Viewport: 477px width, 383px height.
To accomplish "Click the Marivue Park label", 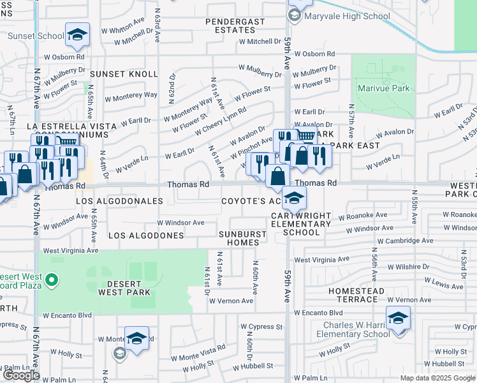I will tap(383, 88).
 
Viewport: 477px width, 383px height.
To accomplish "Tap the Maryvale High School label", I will tap(347, 16).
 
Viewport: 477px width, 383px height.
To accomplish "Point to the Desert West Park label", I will tap(124, 287).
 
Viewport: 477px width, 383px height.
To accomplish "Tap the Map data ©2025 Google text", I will tap(437, 378).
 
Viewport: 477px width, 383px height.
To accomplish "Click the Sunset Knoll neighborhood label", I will tap(128, 74).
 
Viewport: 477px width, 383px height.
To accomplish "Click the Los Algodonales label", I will tap(120, 201).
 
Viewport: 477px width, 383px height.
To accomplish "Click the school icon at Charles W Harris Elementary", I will tap(398, 317).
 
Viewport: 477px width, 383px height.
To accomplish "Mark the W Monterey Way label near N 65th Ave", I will tap(132, 94).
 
